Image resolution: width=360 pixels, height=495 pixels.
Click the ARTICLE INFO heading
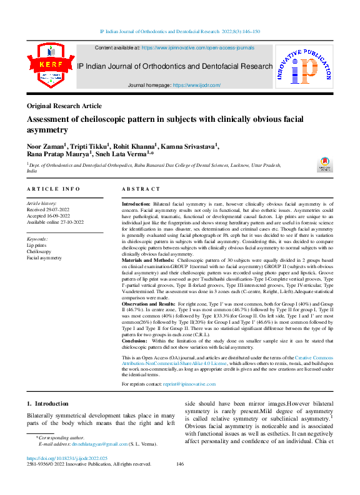pos(53,189)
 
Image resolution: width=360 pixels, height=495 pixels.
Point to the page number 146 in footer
pos(180,464)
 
